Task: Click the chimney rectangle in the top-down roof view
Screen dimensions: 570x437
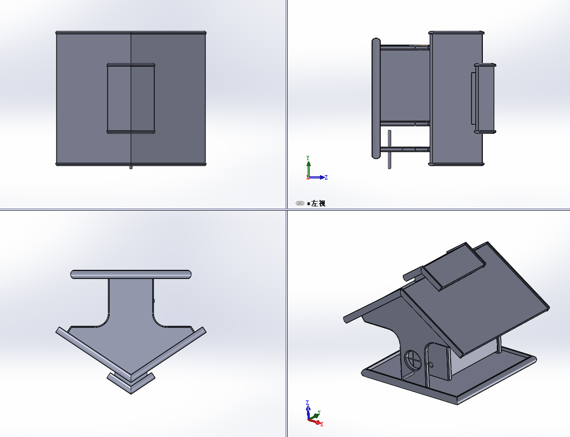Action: [131, 98]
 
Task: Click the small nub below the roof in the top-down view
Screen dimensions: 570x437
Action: [131, 168]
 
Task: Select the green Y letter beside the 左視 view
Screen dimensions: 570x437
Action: [308, 158]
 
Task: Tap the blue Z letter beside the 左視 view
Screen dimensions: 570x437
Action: [326, 177]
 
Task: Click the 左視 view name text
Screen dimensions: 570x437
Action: [318, 203]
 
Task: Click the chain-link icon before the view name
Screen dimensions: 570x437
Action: [300, 203]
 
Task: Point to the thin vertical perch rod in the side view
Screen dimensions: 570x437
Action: [390, 149]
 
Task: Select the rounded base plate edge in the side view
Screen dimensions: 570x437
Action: [376, 98]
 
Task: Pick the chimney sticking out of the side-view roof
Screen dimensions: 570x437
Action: [484, 98]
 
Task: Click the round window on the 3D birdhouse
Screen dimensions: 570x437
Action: [412, 360]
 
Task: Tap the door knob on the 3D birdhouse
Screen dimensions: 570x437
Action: [431, 365]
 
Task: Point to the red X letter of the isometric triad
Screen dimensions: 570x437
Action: [322, 424]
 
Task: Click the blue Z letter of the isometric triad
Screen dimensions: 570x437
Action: [308, 403]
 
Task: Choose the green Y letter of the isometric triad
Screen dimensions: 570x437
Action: [319, 413]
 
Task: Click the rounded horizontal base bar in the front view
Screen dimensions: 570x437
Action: [131, 274]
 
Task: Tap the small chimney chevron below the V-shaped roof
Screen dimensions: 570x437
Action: [131, 383]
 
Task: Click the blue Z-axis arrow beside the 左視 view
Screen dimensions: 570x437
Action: [317, 177]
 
